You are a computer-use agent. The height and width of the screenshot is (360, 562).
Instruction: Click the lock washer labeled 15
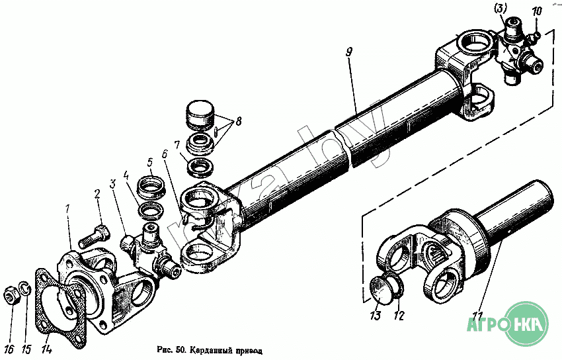[24, 289]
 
